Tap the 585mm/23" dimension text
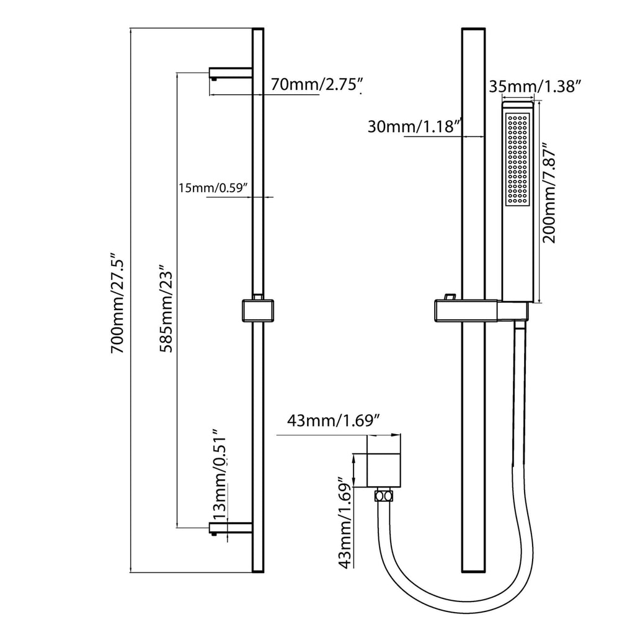[x=166, y=308]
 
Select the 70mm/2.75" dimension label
[x=316, y=84]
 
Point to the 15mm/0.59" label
[x=213, y=188]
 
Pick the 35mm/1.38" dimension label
[x=535, y=86]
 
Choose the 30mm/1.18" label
[x=415, y=127]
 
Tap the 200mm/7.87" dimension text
[x=549, y=192]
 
